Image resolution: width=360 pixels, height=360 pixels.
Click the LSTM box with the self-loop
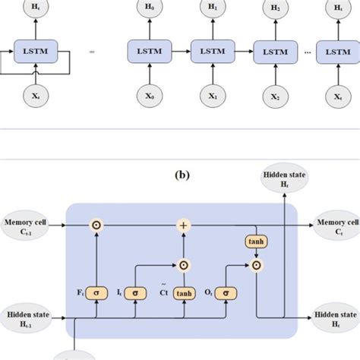[35, 51]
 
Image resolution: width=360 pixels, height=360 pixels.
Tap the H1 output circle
[212, 9]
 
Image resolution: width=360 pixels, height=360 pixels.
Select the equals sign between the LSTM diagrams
[92, 52]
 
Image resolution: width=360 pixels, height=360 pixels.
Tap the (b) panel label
[182, 174]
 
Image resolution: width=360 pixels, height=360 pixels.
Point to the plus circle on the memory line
[182, 226]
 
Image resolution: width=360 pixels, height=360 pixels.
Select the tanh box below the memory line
[254, 241]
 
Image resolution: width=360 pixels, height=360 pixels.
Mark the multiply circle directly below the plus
[183, 266]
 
